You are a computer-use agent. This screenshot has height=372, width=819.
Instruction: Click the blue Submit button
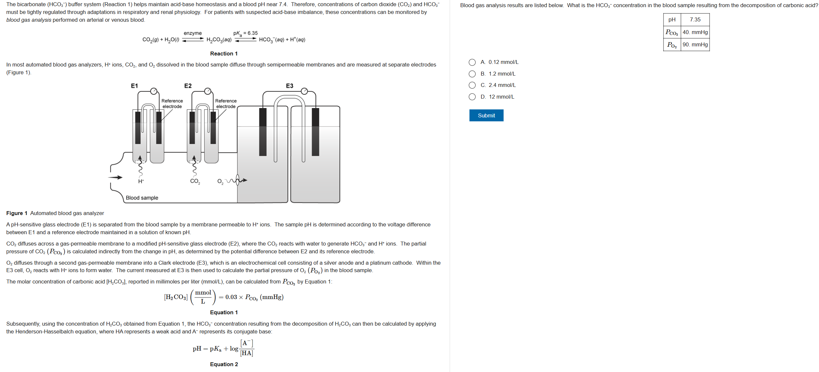point(486,115)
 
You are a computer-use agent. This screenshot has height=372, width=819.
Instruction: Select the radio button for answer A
point(472,62)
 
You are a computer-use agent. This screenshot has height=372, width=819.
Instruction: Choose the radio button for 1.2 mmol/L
point(472,74)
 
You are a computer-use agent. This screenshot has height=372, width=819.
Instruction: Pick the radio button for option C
point(472,85)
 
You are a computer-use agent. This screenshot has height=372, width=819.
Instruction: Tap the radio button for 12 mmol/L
point(472,97)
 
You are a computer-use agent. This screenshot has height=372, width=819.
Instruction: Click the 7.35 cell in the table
point(695,20)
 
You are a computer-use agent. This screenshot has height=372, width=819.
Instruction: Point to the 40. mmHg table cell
point(695,32)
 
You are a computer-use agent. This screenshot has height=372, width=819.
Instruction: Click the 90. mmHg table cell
point(695,44)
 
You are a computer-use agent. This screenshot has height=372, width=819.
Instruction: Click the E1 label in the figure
point(134,86)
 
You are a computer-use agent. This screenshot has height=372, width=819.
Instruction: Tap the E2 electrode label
point(188,86)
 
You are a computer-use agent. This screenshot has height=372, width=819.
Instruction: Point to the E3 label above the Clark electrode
point(289,86)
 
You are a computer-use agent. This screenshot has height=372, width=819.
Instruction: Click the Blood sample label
point(142,198)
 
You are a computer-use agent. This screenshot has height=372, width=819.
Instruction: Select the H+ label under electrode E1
point(141,181)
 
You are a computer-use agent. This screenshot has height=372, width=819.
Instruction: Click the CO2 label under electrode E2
point(195,181)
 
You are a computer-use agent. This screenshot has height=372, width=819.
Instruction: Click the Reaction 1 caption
point(224,54)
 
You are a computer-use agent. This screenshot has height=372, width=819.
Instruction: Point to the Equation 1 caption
point(224,312)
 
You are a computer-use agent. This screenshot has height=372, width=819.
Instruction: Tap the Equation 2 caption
point(224,364)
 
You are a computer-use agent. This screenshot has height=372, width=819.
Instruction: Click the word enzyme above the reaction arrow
point(192,33)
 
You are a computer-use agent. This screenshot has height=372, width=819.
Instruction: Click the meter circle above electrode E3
point(304,91)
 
